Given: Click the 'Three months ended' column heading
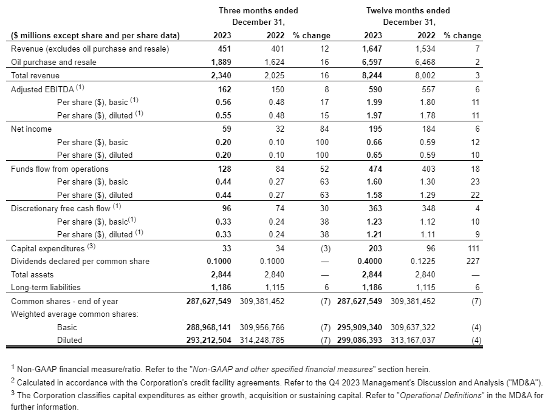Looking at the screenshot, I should [x=258, y=10].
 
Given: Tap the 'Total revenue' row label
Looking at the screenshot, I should [x=35, y=75].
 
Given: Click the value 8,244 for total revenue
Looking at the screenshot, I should [x=372, y=75].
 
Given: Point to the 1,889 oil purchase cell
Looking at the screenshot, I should [x=221, y=62].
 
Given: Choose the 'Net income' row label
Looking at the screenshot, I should [x=31, y=129].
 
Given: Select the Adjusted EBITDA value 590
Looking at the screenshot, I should [x=375, y=89].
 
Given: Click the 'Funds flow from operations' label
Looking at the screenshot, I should [x=60, y=169].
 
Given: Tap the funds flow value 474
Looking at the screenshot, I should [x=375, y=169].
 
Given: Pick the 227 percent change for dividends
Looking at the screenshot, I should [x=473, y=261].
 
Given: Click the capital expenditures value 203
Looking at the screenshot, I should [x=375, y=248].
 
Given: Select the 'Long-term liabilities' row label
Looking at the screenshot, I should [x=46, y=288].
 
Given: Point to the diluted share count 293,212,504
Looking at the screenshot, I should [x=208, y=340].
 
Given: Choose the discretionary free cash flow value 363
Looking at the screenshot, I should [x=375, y=208].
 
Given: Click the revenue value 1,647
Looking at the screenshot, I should [x=372, y=49].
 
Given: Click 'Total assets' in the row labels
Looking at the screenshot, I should [x=32, y=274].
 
